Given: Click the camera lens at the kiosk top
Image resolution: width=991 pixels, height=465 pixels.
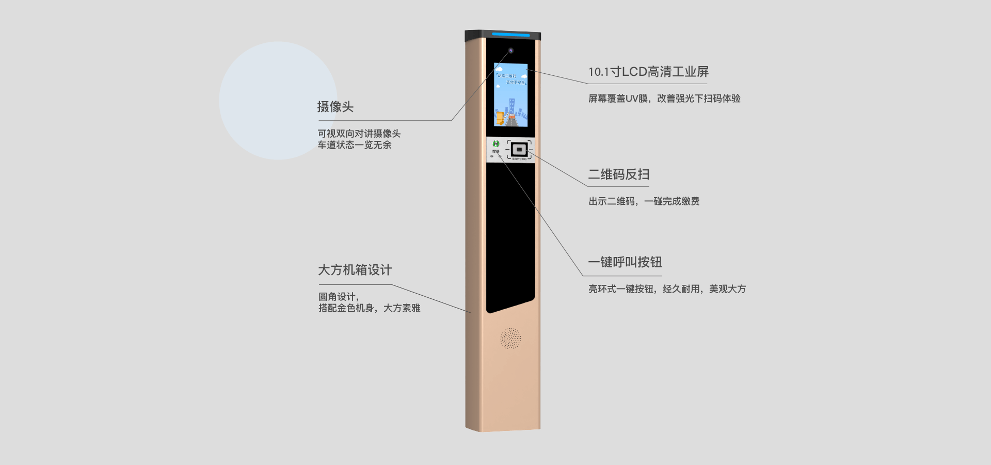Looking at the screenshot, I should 510,51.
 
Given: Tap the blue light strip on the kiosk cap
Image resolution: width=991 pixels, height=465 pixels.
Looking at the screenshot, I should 510,35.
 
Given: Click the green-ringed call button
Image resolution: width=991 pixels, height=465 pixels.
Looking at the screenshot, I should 496,144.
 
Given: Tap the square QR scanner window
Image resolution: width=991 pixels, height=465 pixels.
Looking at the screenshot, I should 519,150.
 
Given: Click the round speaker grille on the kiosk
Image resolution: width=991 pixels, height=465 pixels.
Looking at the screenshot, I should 510,339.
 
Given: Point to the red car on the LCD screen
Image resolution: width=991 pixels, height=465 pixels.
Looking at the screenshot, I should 512,117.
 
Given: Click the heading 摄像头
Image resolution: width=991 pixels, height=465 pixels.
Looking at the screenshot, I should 335,107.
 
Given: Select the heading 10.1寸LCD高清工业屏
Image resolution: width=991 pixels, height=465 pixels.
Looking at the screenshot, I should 648,72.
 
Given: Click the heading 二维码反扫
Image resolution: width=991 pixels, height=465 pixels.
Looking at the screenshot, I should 618,174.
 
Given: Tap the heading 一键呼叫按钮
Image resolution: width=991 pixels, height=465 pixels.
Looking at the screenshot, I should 625,262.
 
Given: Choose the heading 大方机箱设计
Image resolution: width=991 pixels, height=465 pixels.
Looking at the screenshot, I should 355,270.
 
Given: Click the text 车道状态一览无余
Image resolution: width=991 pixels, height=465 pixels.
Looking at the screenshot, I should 354,145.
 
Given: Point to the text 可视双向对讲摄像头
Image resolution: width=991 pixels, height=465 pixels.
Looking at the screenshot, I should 359,134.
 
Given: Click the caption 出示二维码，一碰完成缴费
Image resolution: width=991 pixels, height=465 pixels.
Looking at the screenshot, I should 644,201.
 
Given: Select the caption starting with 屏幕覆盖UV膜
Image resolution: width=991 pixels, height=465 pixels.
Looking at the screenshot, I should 664,99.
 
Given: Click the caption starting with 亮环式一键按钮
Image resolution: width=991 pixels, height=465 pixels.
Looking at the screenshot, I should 666,289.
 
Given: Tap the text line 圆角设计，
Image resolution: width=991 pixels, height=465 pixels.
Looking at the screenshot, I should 338,297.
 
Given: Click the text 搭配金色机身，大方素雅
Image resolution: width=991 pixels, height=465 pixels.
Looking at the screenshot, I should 369,308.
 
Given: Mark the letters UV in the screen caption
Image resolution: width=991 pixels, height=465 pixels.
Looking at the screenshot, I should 633,99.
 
